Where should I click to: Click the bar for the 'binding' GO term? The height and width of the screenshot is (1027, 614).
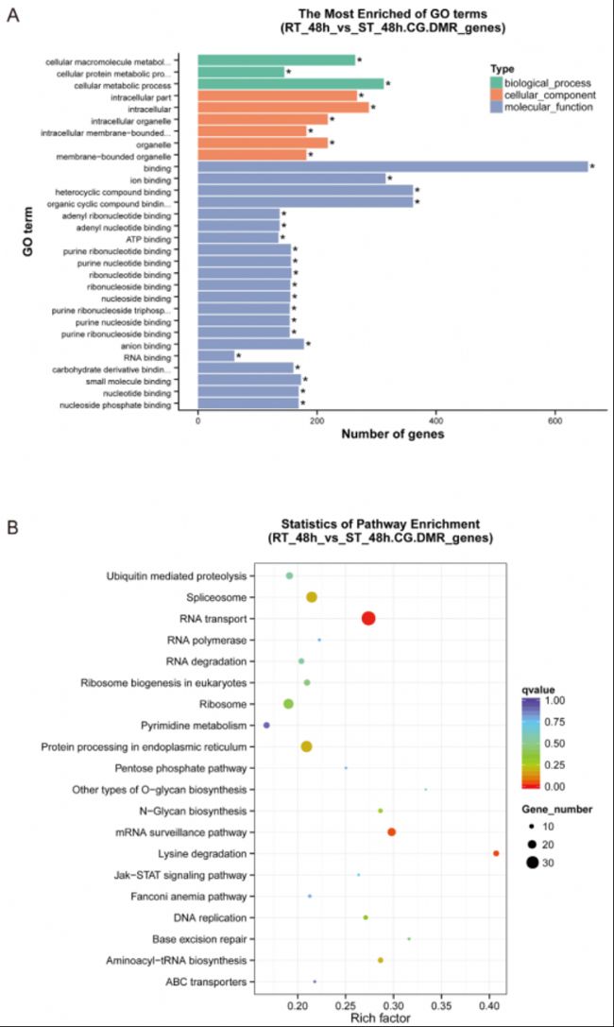click(392, 166)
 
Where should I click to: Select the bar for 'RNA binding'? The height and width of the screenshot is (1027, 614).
click(216, 356)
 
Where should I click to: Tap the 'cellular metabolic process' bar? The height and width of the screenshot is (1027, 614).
click(291, 83)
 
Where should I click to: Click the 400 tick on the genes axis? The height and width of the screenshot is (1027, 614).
click(436, 422)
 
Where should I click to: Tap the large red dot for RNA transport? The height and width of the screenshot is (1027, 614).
click(368, 618)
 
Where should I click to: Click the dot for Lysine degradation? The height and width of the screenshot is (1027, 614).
click(496, 853)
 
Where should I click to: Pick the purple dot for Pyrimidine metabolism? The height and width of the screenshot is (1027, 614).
click(266, 725)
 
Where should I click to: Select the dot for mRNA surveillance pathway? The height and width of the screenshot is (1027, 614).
click(391, 831)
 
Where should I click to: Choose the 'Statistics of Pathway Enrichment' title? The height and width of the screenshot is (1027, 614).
click(383, 523)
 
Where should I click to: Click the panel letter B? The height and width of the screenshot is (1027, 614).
click(11, 523)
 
